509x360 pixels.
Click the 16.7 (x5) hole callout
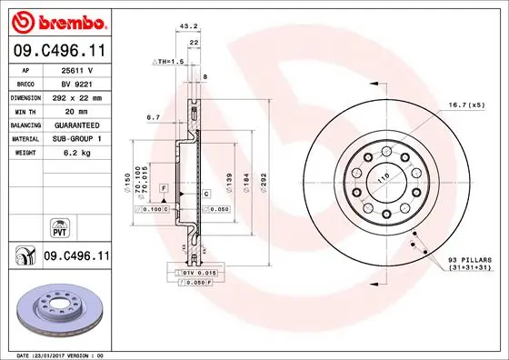(x=466, y=106)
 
